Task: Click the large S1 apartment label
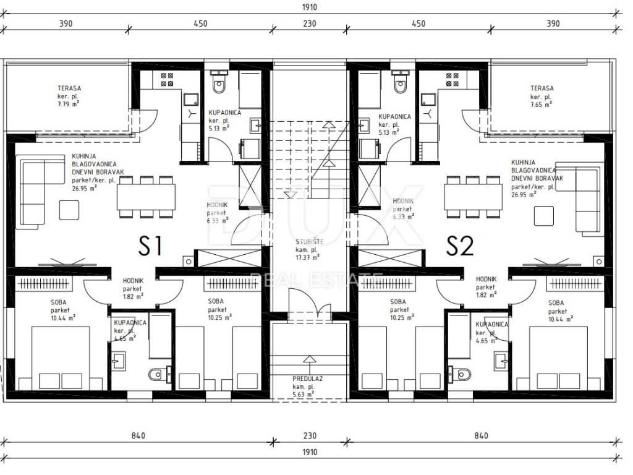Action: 150,246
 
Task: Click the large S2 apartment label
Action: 460,246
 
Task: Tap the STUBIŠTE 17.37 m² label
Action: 308,249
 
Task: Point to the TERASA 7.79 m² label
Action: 69,96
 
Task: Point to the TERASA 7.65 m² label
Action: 542,96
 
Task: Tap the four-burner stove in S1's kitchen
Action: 167,80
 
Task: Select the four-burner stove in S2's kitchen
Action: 452,80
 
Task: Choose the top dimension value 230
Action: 309,24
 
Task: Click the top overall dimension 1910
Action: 309,7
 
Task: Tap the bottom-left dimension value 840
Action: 138,435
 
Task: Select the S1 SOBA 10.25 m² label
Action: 219,309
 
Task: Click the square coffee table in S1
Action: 69,210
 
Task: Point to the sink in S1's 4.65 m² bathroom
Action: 118,361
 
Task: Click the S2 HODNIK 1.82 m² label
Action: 486,287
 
